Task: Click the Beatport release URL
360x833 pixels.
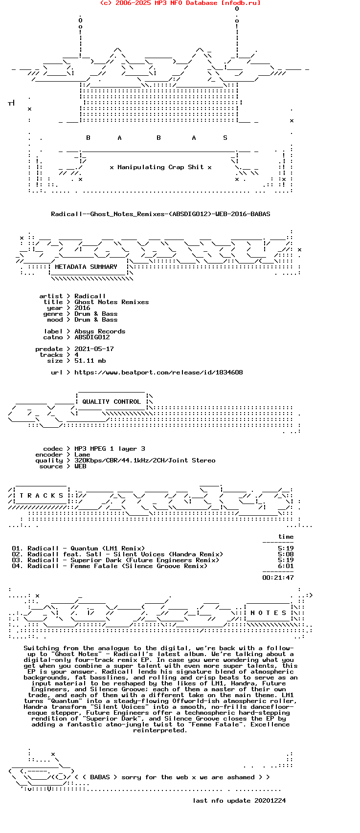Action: click(x=158, y=373)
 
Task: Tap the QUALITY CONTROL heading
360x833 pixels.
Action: click(x=112, y=402)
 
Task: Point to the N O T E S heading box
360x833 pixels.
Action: click(x=268, y=613)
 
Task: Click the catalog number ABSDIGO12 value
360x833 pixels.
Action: click(x=92, y=337)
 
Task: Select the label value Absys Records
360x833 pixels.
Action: click(x=100, y=331)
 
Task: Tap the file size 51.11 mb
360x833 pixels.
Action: click(x=90, y=361)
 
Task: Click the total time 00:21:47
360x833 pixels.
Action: click(x=278, y=578)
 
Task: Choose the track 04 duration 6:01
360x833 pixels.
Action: click(x=286, y=566)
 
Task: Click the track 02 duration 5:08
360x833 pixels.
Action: click(x=286, y=554)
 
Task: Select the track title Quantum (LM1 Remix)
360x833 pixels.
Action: click(x=108, y=548)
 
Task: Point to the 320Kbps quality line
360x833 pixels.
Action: click(x=145, y=460)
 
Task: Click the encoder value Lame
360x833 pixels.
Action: click(x=82, y=455)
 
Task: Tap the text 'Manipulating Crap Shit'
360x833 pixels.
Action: click(x=160, y=167)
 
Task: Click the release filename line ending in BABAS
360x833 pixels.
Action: click(x=160, y=214)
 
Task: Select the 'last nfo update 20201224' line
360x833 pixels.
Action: click(x=239, y=801)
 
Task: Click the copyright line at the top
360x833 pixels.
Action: click(x=180, y=3)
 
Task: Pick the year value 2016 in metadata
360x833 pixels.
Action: click(x=82, y=308)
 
